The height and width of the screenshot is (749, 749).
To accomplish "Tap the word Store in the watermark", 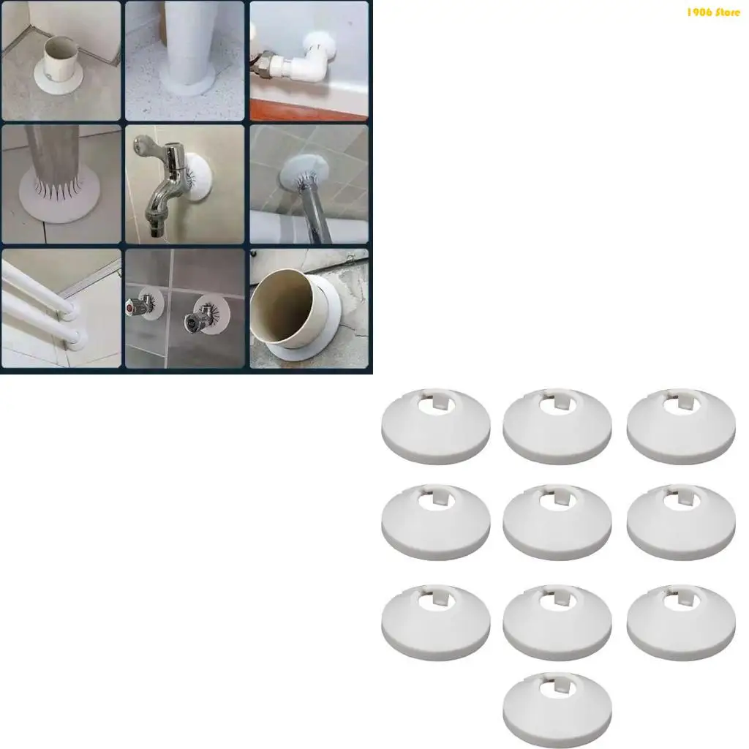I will pyautogui.click(x=729, y=12).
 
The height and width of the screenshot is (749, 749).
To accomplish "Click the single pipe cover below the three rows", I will pyautogui.click(x=557, y=708).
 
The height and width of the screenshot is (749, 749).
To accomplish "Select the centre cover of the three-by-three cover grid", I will pyautogui.click(x=557, y=521).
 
